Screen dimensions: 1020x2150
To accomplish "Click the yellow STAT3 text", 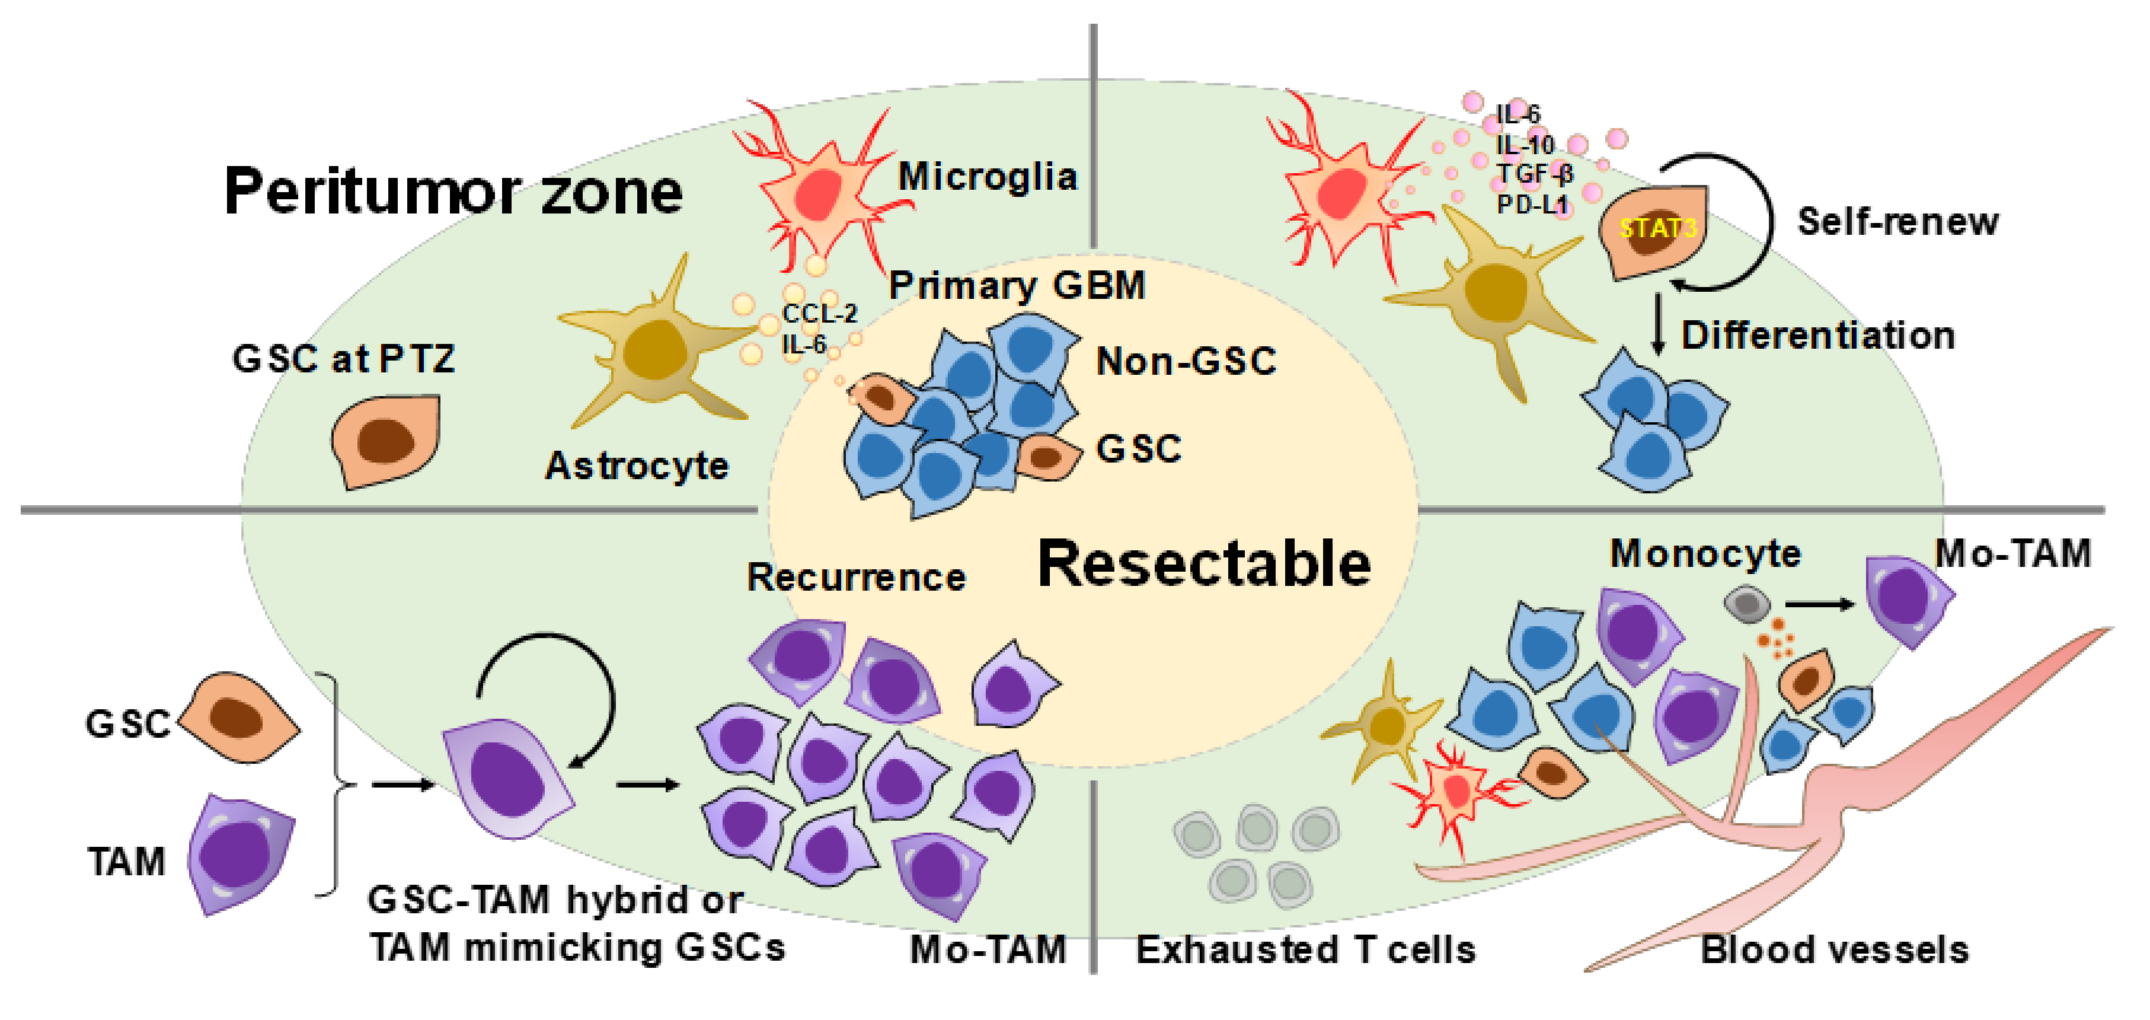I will (1657, 228).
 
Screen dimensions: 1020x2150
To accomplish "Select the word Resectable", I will (1203, 564).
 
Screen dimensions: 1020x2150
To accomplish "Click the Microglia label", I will (988, 177).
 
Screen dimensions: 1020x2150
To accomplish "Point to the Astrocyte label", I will (637, 466).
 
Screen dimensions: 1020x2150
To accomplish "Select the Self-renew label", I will (1897, 222).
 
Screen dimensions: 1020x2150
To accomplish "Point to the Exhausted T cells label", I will (1305, 950).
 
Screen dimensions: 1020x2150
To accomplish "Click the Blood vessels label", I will (1835, 950).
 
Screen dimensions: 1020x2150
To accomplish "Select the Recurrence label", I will (855, 578).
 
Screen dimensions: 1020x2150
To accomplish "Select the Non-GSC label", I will (1185, 361).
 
